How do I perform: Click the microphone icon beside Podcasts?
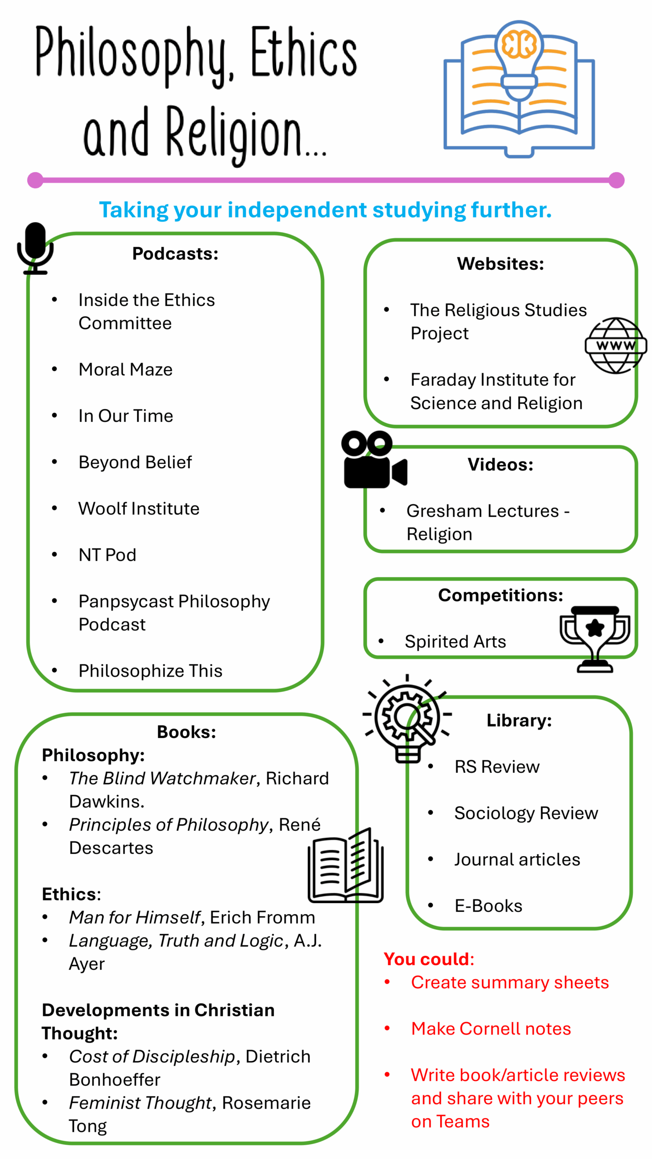coord(35,248)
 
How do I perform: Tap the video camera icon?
coord(374,459)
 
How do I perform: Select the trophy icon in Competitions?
coord(594,638)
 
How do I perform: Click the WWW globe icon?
coord(615,345)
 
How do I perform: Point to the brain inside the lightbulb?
coord(519,44)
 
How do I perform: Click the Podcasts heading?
coord(175,254)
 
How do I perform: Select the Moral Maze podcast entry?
coord(125,369)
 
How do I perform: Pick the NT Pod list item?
coord(107,555)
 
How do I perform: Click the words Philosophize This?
coord(150,670)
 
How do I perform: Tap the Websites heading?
coord(500,263)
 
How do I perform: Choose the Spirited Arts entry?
coord(455,642)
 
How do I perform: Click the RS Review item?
coord(497,766)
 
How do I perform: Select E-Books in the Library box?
coord(488,905)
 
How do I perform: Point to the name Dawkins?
coord(106,802)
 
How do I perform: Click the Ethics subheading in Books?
coord(71,894)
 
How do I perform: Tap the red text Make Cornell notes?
coord(491,1029)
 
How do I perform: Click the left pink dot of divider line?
coord(35,180)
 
